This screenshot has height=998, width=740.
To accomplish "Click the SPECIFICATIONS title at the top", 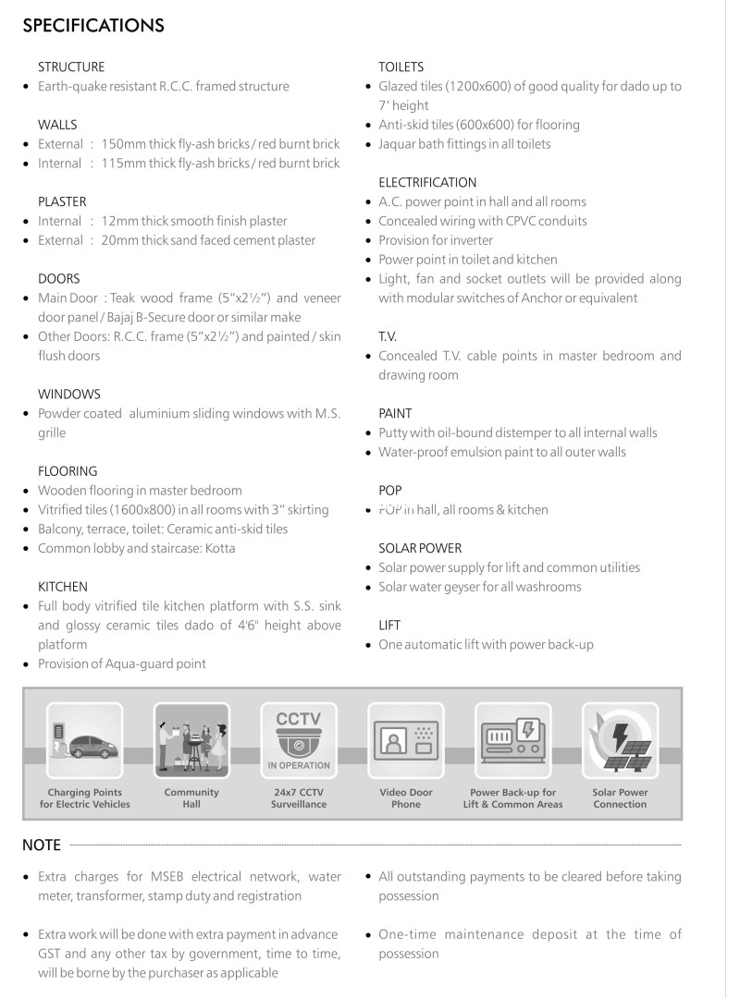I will point(93,26).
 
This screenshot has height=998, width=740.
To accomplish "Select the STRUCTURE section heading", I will point(71,67).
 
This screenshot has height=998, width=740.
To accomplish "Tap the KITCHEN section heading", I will point(63,587).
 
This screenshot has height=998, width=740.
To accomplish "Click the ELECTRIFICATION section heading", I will point(427,182).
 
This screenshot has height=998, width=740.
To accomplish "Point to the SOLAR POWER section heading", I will point(420,548).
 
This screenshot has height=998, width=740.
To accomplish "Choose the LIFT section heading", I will point(389,626).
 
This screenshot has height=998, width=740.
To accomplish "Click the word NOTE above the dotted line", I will point(42,845).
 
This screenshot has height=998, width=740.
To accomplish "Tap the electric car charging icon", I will point(84,740).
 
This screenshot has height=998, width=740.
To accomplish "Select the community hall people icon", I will point(191,740).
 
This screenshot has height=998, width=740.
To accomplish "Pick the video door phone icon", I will point(406,740).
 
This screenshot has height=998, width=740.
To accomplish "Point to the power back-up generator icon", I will point(512,740).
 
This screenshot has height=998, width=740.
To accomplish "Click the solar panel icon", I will point(620,740).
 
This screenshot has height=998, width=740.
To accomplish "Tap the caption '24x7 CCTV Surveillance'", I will point(299,798).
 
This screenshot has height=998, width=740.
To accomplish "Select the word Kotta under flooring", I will point(219,549).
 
